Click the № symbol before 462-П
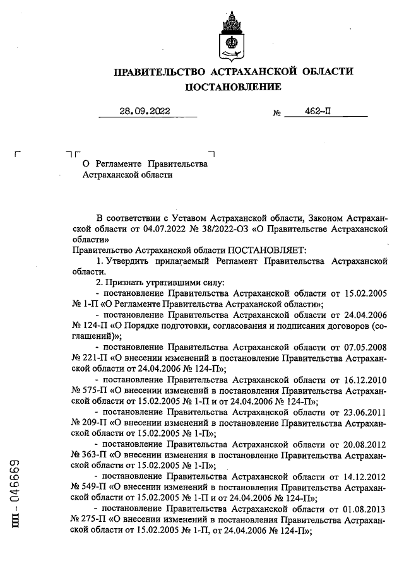276,114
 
